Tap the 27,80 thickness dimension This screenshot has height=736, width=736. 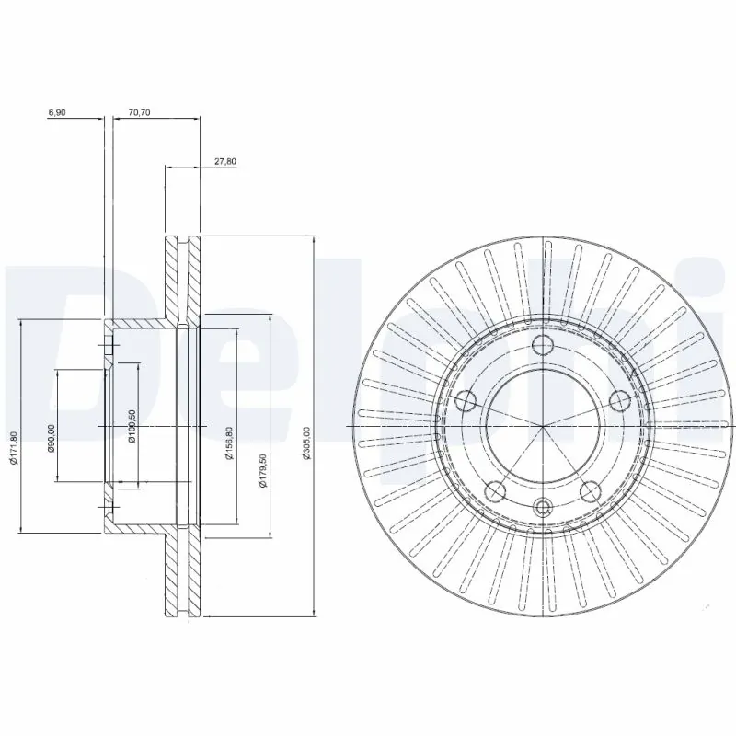[225, 161]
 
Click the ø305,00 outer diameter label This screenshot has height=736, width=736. [308, 443]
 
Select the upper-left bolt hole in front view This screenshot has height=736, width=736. [466, 399]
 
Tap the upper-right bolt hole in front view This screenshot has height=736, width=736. [619, 399]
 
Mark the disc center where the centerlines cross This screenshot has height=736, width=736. [543, 427]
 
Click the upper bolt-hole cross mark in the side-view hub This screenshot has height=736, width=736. [109, 346]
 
